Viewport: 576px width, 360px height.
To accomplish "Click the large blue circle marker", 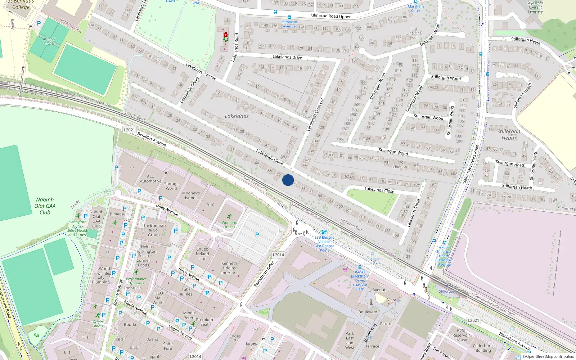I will click(x=288, y=180).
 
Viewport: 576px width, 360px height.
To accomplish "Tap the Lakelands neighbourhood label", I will click(x=237, y=116).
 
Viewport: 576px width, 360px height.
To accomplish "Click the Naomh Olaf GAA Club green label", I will click(x=45, y=206).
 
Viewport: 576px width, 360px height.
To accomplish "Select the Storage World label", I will click(x=171, y=186).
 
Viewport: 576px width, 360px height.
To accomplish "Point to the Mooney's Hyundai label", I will click(x=191, y=195).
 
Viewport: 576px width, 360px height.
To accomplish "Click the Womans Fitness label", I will click(x=229, y=225).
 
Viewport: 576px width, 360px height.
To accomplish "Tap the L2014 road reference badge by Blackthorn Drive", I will click(x=278, y=255).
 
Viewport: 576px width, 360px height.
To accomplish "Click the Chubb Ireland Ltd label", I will click(x=202, y=254).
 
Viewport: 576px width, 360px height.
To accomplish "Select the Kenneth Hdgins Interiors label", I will click(x=229, y=268).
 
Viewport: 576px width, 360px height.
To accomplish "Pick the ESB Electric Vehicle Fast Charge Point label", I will click(x=324, y=244).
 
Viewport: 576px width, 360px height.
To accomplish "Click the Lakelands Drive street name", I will click(x=287, y=57).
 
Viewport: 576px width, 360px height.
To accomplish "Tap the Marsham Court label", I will click(x=416, y=8).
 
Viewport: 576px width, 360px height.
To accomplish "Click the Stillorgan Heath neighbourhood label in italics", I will click(x=509, y=135).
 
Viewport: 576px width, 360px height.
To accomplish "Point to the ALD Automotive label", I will click(x=150, y=179).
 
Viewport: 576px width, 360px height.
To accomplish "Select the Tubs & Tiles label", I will click(x=186, y=292).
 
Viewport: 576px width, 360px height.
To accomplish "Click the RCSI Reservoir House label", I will click(x=461, y=335).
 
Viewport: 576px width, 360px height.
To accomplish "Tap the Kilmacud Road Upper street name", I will click(x=330, y=16).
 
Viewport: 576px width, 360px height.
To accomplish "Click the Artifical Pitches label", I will click(x=49, y=41).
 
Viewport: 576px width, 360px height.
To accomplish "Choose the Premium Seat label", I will click(x=204, y=322).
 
